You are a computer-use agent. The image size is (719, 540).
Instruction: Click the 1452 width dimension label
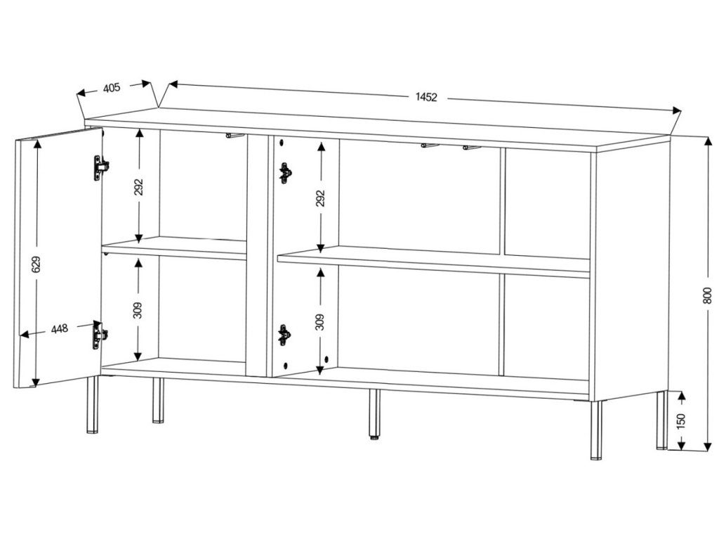click(x=426, y=97)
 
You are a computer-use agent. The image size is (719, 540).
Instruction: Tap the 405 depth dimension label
click(x=112, y=88)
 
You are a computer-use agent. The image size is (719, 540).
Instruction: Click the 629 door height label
click(x=37, y=264)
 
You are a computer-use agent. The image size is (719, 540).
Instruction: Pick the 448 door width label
click(x=59, y=329)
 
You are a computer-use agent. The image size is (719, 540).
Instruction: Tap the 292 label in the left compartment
click(x=138, y=187)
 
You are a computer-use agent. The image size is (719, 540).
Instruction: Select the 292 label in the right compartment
click(x=320, y=198)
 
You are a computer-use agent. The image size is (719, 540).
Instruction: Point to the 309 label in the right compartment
click(x=320, y=322)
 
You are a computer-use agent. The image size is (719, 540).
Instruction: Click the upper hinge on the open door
click(x=100, y=168)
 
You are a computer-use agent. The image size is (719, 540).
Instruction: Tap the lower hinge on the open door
click(x=100, y=335)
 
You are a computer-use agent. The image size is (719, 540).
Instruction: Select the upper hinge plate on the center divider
click(x=285, y=173)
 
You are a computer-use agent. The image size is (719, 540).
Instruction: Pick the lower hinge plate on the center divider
click(x=284, y=335)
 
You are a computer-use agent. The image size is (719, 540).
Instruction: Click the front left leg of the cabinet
click(x=92, y=404)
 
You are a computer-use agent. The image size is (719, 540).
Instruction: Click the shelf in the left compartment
click(x=174, y=248)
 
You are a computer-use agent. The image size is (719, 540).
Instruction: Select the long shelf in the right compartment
click(x=434, y=262)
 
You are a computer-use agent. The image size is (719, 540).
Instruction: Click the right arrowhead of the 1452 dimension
click(x=677, y=110)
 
